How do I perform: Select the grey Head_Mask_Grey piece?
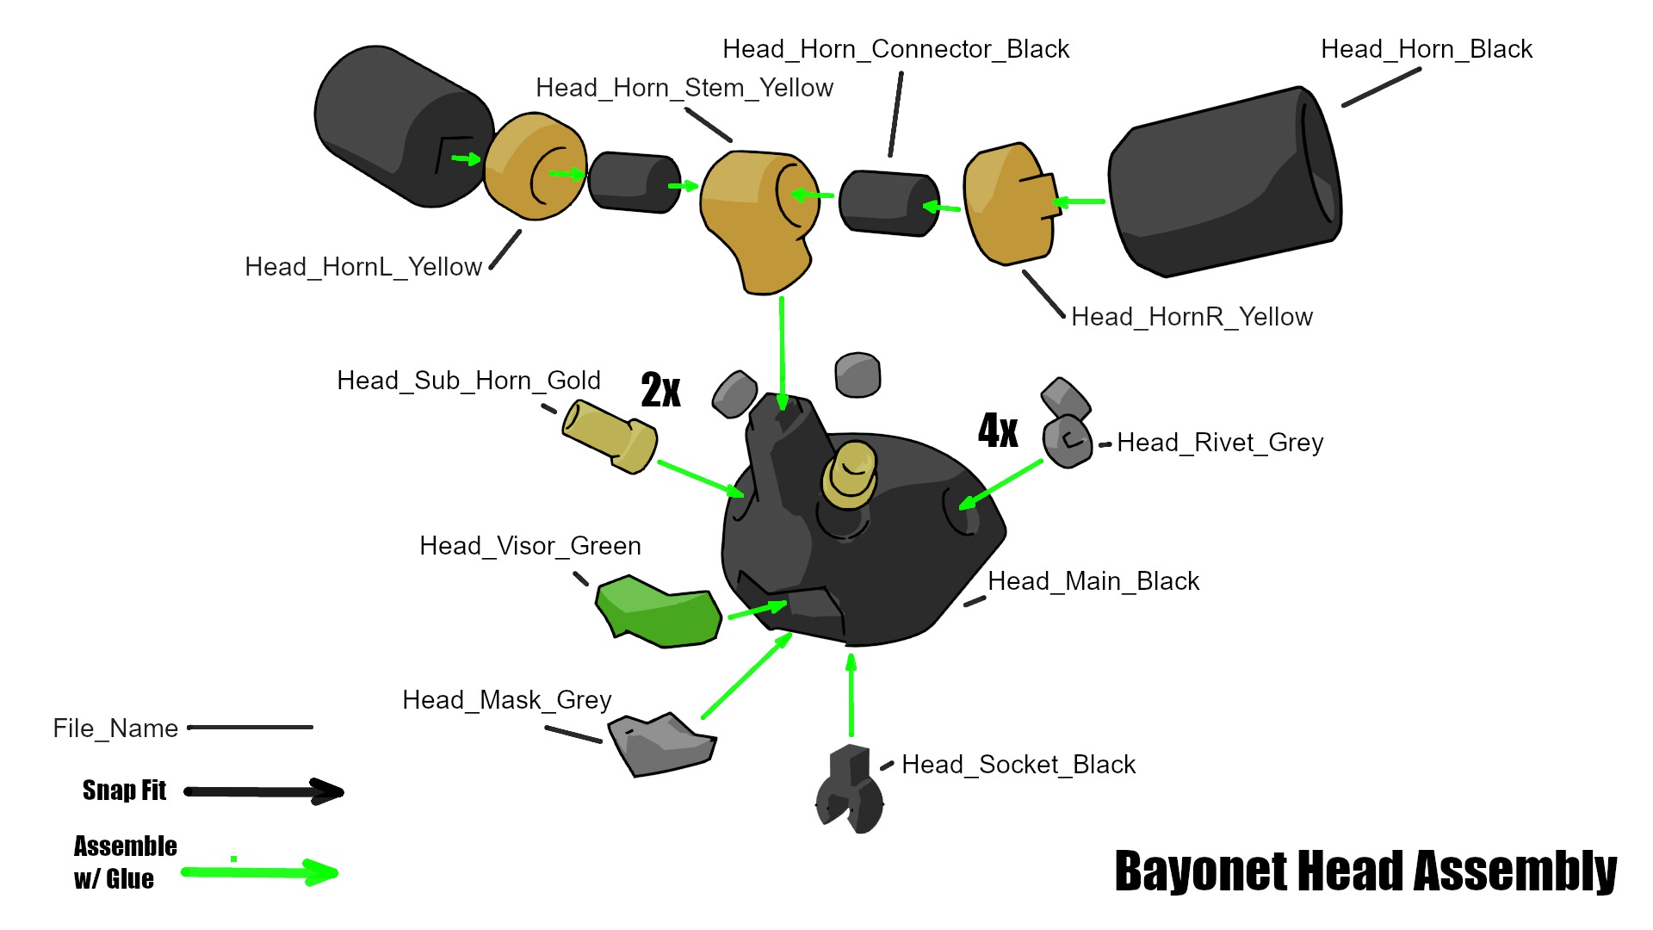click(x=661, y=746)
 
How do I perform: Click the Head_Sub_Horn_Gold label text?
click(x=468, y=381)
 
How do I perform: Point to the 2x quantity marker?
click(x=660, y=390)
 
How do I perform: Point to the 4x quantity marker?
click(x=998, y=430)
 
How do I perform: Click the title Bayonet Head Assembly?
click(x=1365, y=871)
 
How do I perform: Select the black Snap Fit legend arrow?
click(x=263, y=791)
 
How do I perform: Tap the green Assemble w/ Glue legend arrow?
click(x=258, y=872)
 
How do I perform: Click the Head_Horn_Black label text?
click(x=1426, y=49)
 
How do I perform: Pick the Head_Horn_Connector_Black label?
click(x=895, y=49)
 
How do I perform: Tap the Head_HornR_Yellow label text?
click(x=1192, y=317)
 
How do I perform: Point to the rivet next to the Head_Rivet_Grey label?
click(x=1068, y=441)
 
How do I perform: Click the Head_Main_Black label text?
click(x=1093, y=581)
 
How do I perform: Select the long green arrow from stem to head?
click(x=782, y=353)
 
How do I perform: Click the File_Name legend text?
click(x=115, y=728)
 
